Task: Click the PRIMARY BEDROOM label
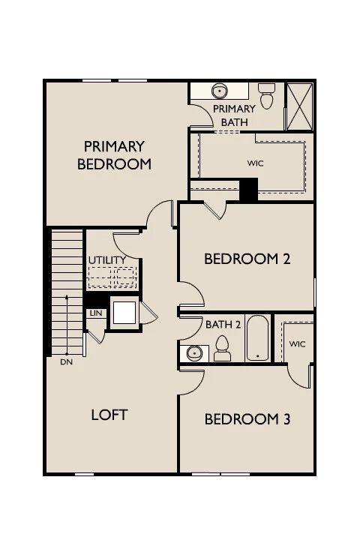[x=114, y=155]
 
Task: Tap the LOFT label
[x=109, y=415]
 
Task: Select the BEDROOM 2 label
[x=247, y=259]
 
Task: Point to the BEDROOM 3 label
[x=247, y=419]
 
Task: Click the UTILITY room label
[x=107, y=260]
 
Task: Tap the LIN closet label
[x=96, y=313]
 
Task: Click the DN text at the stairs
[x=67, y=362]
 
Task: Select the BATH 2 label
[x=223, y=324]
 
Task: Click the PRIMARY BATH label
[x=234, y=115]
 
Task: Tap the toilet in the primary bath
[x=266, y=95]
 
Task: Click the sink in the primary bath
[x=220, y=91]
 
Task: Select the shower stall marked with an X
[x=299, y=106]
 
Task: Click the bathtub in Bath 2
[x=257, y=338]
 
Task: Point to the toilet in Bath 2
[x=222, y=349]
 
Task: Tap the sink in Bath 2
[x=194, y=353]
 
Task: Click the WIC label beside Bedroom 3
[x=297, y=343]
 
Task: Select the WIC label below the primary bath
[x=255, y=163]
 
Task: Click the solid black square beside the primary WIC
[x=249, y=190]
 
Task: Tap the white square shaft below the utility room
[x=124, y=313]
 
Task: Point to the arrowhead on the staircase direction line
[x=67, y=297]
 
